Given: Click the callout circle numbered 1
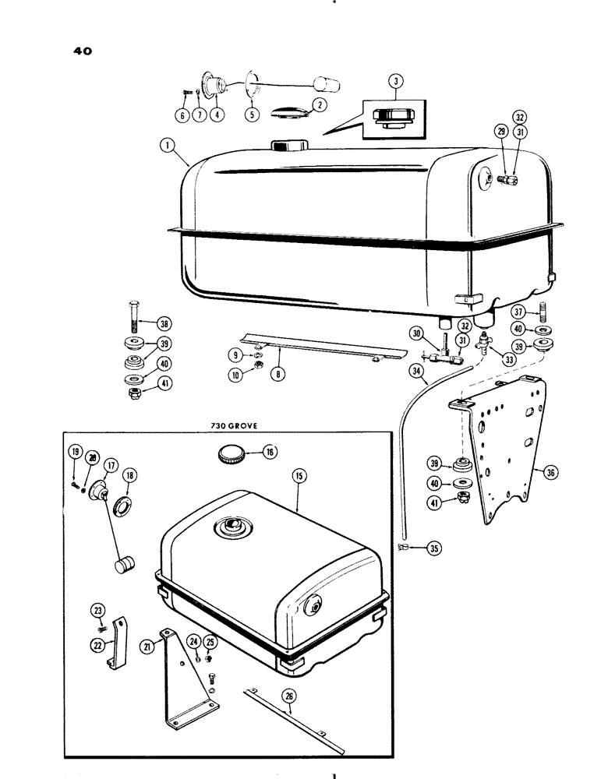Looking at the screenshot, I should [164, 144].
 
